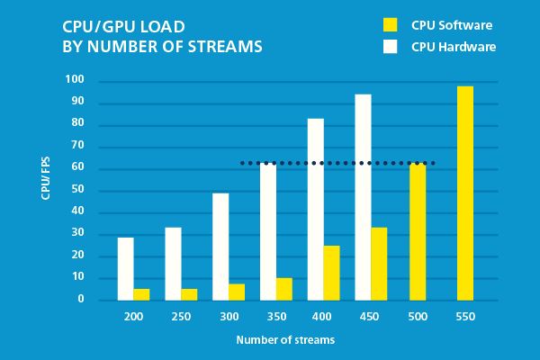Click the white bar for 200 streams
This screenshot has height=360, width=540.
(x=125, y=268)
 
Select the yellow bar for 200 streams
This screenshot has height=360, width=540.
(x=141, y=293)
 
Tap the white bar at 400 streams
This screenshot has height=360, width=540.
(x=316, y=209)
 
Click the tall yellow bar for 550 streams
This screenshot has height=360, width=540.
(x=464, y=193)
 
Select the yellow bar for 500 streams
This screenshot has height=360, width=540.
(x=418, y=231)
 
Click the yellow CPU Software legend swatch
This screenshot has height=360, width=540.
(x=390, y=24)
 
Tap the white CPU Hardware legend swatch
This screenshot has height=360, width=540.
(x=390, y=46)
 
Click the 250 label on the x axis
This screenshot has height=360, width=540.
(x=180, y=318)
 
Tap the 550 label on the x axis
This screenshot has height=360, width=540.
(x=464, y=318)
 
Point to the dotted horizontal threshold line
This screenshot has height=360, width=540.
(x=337, y=163)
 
